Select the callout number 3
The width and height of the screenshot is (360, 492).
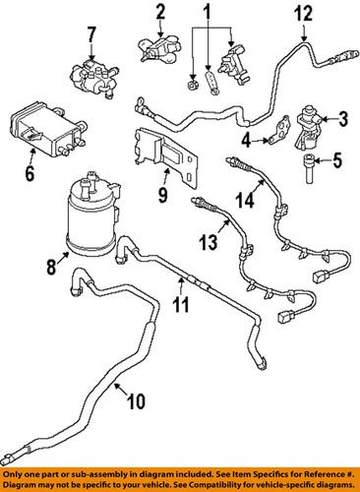[x=344, y=120]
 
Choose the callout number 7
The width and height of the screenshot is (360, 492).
[x=92, y=36]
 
